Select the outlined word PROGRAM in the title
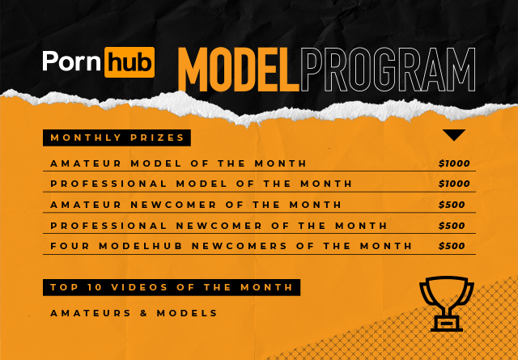387,71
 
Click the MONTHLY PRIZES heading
117,138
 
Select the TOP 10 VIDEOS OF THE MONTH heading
172,287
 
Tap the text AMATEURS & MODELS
134,313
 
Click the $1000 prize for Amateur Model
454,163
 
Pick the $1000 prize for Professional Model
454,184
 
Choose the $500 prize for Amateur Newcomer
452,205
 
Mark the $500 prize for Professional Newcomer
452,226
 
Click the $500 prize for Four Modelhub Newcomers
452,246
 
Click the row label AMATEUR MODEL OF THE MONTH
178,163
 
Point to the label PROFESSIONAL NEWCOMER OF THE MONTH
219,226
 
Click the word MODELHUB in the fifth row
137,246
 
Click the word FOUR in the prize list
66,246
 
